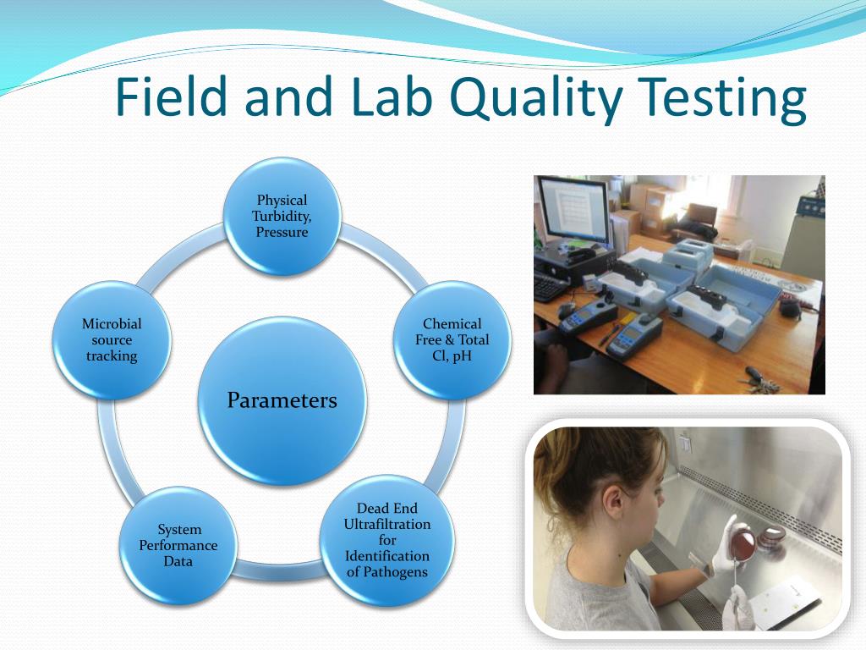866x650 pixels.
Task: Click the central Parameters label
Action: click(x=282, y=400)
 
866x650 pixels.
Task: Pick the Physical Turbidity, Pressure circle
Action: click(x=282, y=216)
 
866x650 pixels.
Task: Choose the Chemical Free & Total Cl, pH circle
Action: click(x=452, y=340)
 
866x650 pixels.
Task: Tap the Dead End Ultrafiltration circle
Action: click(x=386, y=540)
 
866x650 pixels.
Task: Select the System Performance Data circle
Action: click(x=178, y=546)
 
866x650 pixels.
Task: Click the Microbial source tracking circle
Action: click(x=112, y=340)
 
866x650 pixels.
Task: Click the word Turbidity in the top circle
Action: click(x=281, y=216)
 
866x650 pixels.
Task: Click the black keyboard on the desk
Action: click(x=549, y=288)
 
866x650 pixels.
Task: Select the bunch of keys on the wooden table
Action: click(x=762, y=380)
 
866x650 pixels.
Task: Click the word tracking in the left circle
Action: click(x=112, y=356)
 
